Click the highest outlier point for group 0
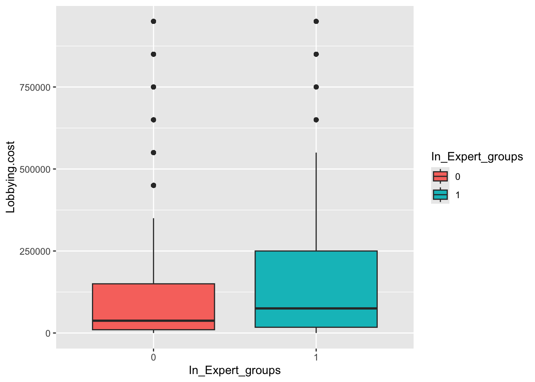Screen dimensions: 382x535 click(x=153, y=21)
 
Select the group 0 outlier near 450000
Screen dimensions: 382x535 click(x=153, y=185)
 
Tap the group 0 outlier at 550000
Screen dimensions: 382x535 click(x=153, y=152)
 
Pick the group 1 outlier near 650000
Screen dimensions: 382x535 click(x=316, y=120)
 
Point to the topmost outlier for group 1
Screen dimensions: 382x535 click(x=316, y=21)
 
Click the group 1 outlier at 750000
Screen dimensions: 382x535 click(x=316, y=87)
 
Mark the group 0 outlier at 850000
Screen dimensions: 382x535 click(x=153, y=54)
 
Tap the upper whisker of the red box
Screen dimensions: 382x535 click(x=153, y=251)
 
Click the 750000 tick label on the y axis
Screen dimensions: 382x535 click(x=35, y=87)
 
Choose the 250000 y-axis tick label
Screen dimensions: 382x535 click(x=35, y=251)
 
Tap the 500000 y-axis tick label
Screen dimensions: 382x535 click(x=35, y=169)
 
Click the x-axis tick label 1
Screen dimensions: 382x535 click(x=316, y=357)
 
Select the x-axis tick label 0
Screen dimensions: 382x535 click(x=153, y=357)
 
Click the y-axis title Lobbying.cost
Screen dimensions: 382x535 click(x=11, y=177)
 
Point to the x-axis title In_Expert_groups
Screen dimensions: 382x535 click(x=234, y=370)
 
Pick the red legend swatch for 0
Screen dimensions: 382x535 click(x=440, y=176)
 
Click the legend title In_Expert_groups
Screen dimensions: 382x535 click(x=477, y=157)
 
